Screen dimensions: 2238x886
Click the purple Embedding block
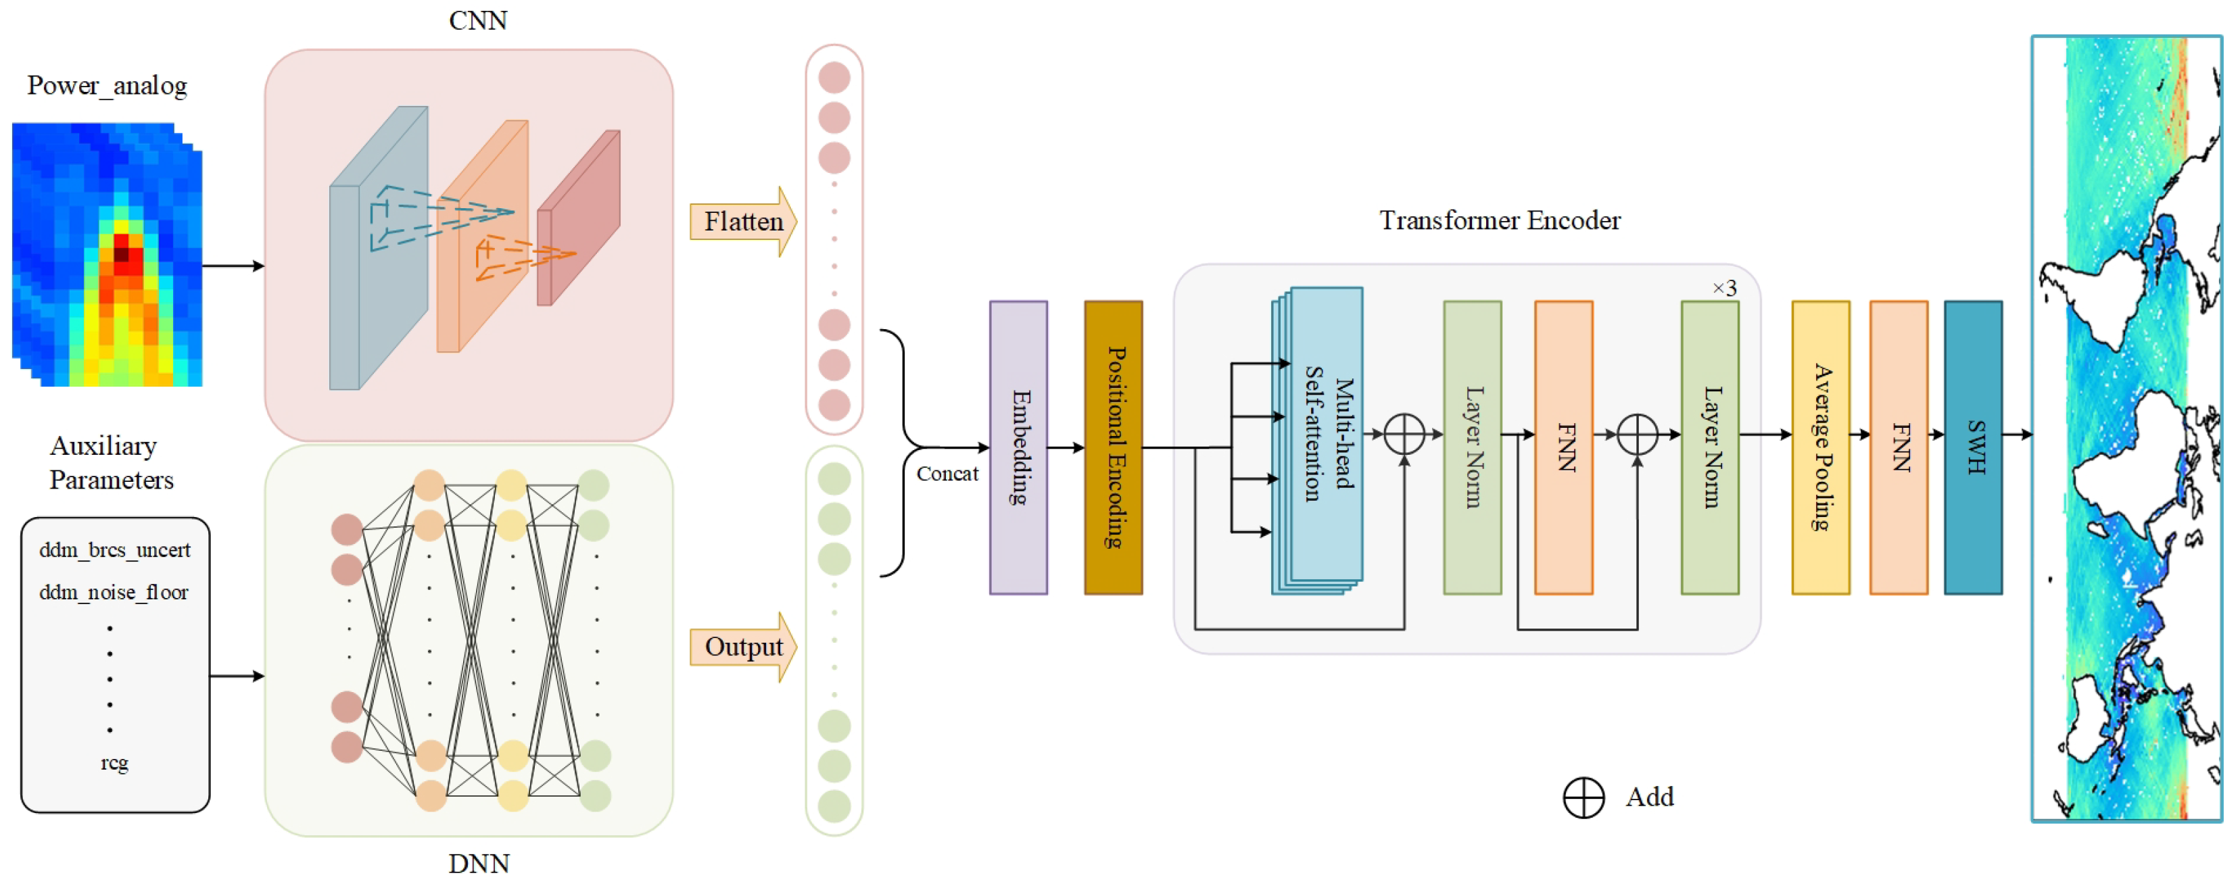[x=1018, y=447]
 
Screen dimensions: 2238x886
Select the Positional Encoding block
[x=1113, y=447]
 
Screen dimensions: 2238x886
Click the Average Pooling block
[x=1820, y=447]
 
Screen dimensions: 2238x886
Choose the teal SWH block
[x=1973, y=447]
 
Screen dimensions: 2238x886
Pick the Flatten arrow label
[x=744, y=222]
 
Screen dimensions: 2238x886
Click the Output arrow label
[x=744, y=647]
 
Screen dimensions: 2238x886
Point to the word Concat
[x=947, y=473]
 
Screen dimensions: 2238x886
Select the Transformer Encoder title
[x=1500, y=220]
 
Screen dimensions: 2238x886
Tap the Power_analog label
[x=107, y=86]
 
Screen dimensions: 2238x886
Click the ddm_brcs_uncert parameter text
[x=115, y=550]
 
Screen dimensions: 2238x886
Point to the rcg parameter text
[x=114, y=762]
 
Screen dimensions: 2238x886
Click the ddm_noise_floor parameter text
[x=114, y=593]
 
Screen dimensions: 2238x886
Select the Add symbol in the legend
[x=1583, y=797]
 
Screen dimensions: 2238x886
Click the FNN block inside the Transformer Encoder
[x=1563, y=447]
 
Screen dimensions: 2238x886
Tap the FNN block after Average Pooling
[x=1899, y=447]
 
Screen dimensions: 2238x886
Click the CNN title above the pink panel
[x=478, y=20]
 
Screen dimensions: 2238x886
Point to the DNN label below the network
[x=479, y=864]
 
